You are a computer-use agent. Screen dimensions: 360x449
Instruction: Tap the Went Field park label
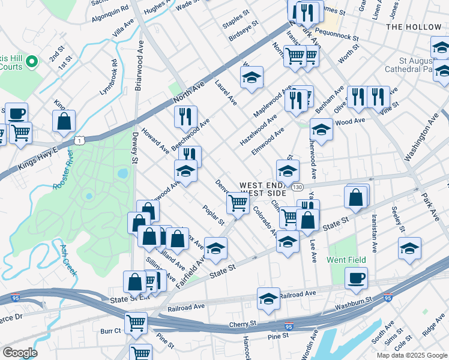pyautogui.click(x=346, y=260)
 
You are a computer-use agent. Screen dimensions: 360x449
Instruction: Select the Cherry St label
pyautogui.click(x=243, y=323)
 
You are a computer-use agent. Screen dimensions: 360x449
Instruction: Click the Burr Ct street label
pyautogui.click(x=110, y=331)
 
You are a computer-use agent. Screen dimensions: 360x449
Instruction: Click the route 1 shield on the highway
pyautogui.click(x=79, y=140)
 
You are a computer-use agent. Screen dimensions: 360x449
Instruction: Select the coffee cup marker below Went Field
pyautogui.click(x=356, y=277)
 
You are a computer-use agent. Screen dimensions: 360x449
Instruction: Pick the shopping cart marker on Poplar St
pyautogui.click(x=238, y=203)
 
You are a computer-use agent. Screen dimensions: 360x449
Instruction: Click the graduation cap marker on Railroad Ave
pyautogui.click(x=268, y=298)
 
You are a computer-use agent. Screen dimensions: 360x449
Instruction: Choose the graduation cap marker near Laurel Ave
pyautogui.click(x=252, y=77)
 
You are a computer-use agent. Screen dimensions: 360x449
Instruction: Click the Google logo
pyautogui.click(x=20, y=353)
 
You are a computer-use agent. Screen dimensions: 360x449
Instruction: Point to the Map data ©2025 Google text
pyautogui.click(x=411, y=355)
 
